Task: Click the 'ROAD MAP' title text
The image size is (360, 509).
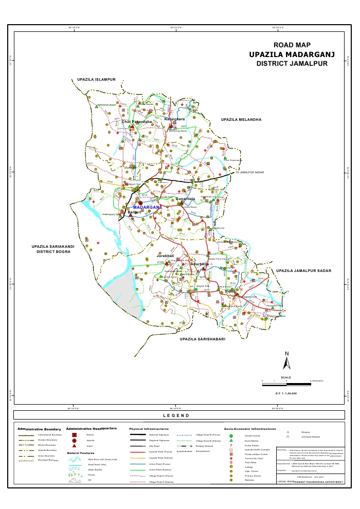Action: click(x=292, y=46)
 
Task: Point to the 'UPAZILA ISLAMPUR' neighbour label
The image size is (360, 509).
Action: click(x=97, y=80)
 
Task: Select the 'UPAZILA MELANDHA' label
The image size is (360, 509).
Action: click(x=241, y=119)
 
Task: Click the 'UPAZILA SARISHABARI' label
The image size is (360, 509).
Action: click(x=203, y=340)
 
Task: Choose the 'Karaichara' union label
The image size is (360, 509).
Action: click(x=175, y=119)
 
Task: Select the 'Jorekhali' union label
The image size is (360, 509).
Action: click(x=166, y=256)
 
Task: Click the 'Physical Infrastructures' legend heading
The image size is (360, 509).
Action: click(x=150, y=428)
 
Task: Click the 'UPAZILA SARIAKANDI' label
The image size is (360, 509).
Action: click(x=53, y=247)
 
